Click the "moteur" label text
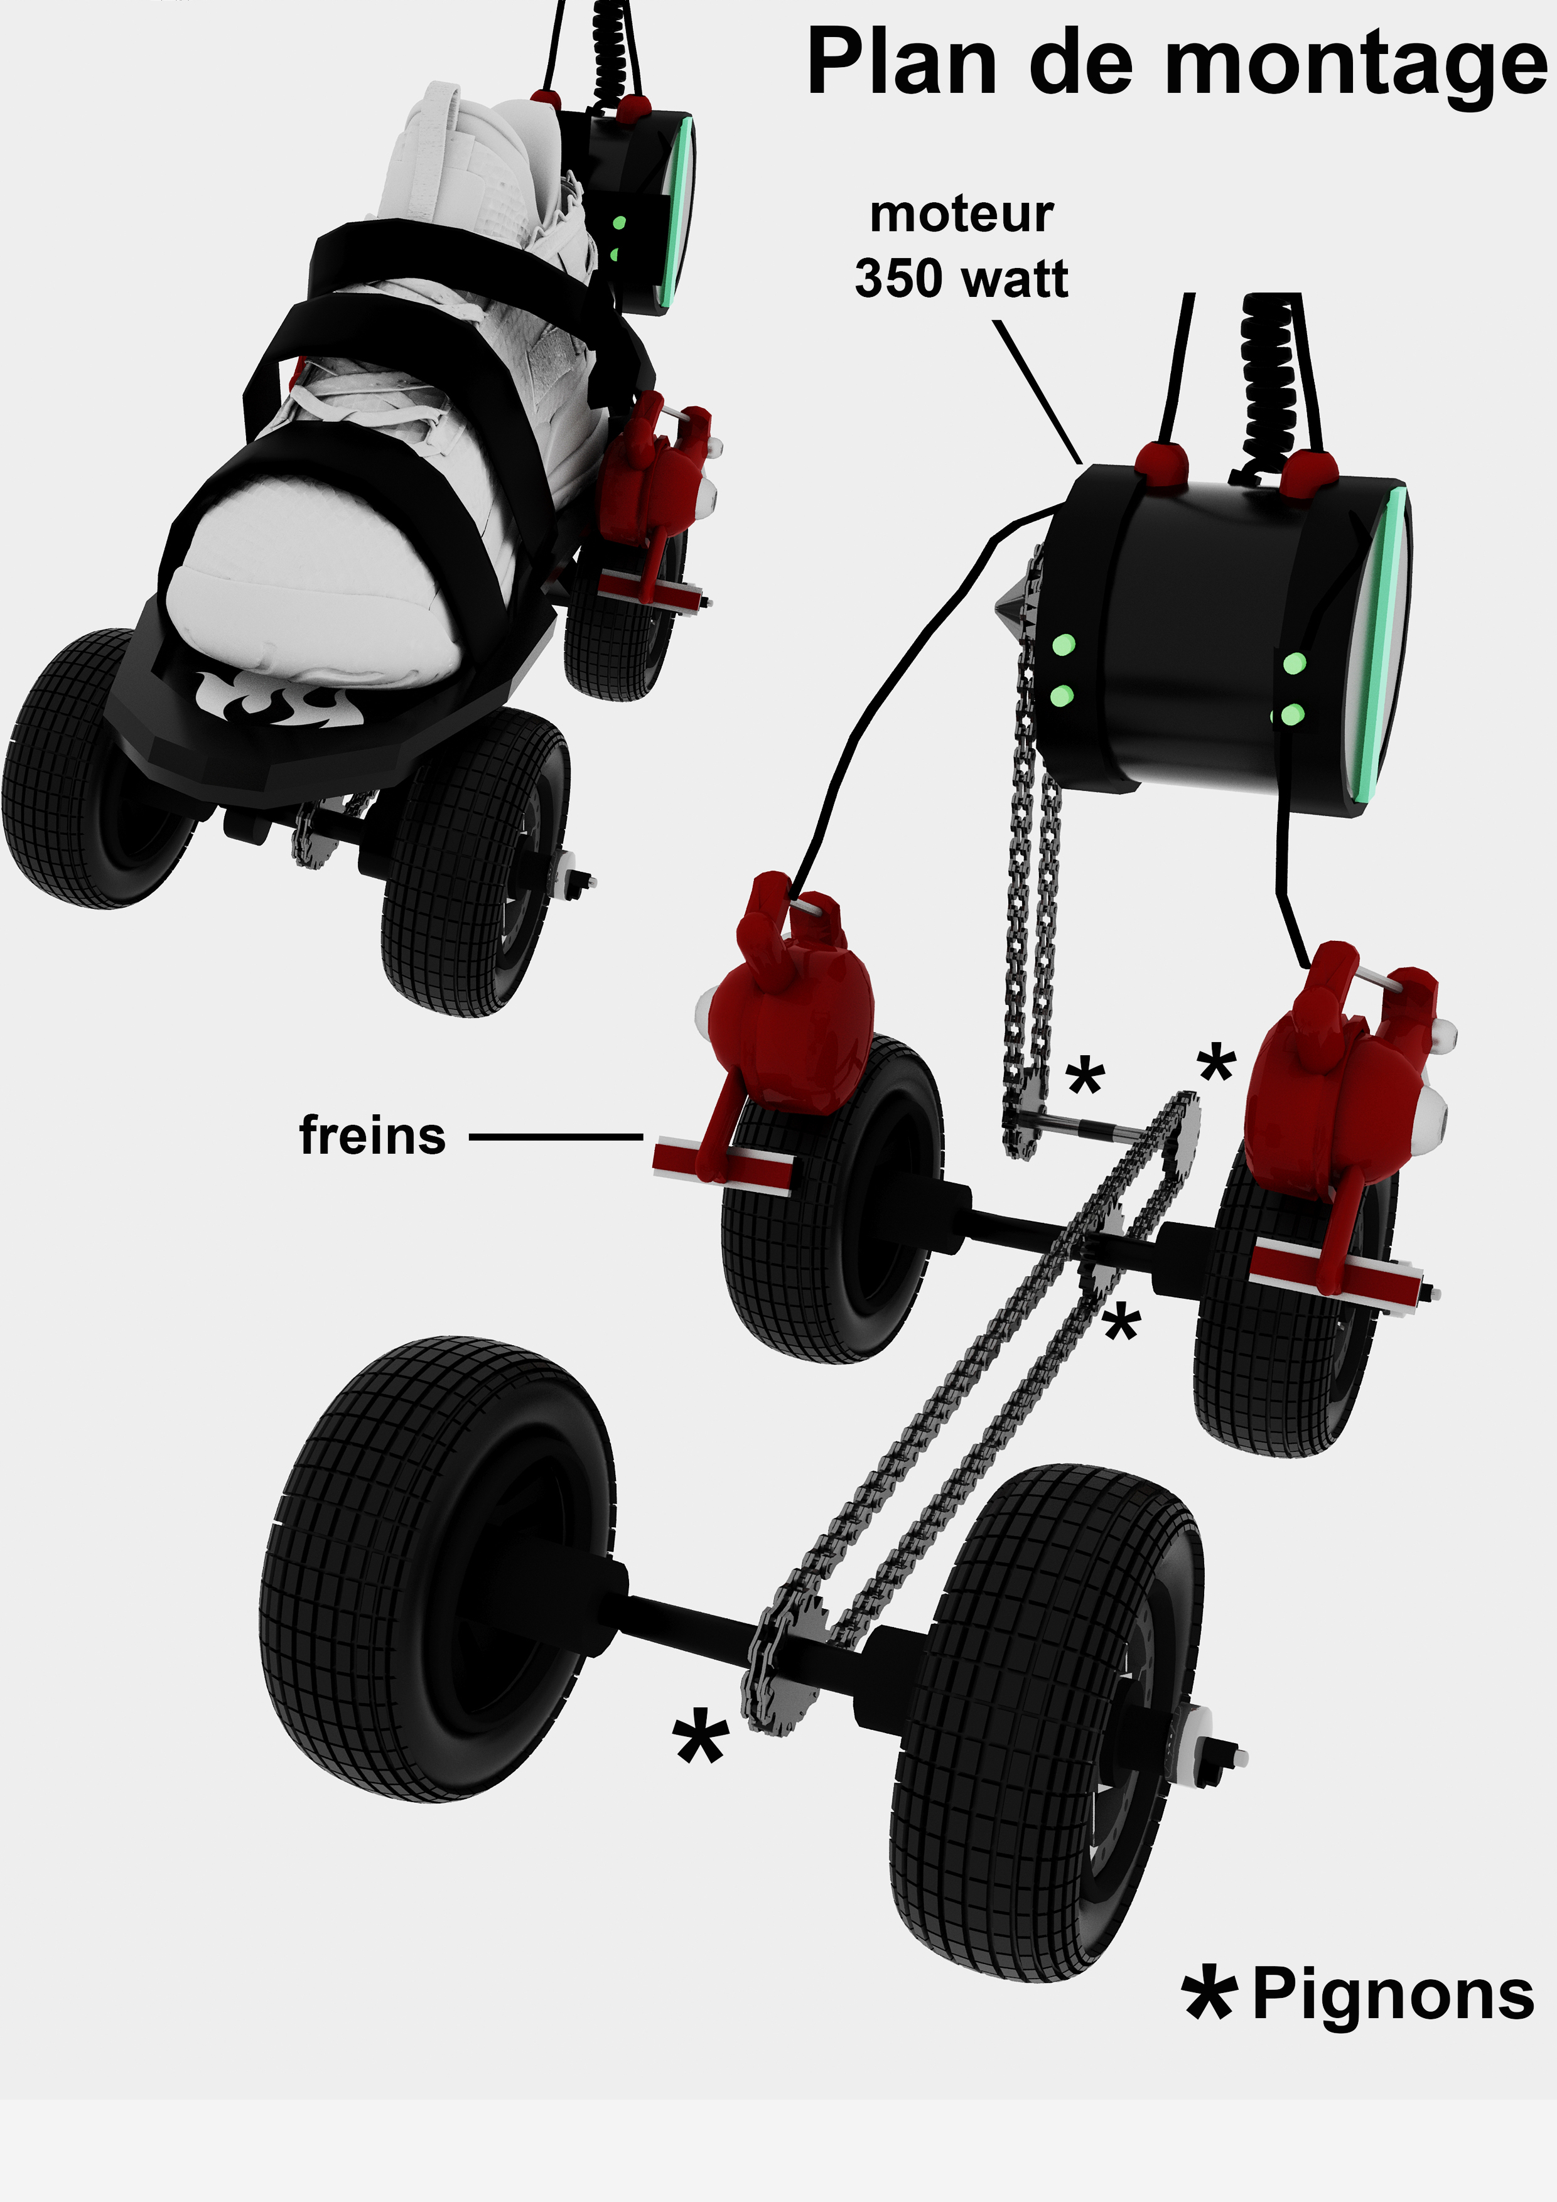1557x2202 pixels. pyautogui.click(x=961, y=215)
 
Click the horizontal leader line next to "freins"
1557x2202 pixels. pyautogui.click(x=556, y=1137)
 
